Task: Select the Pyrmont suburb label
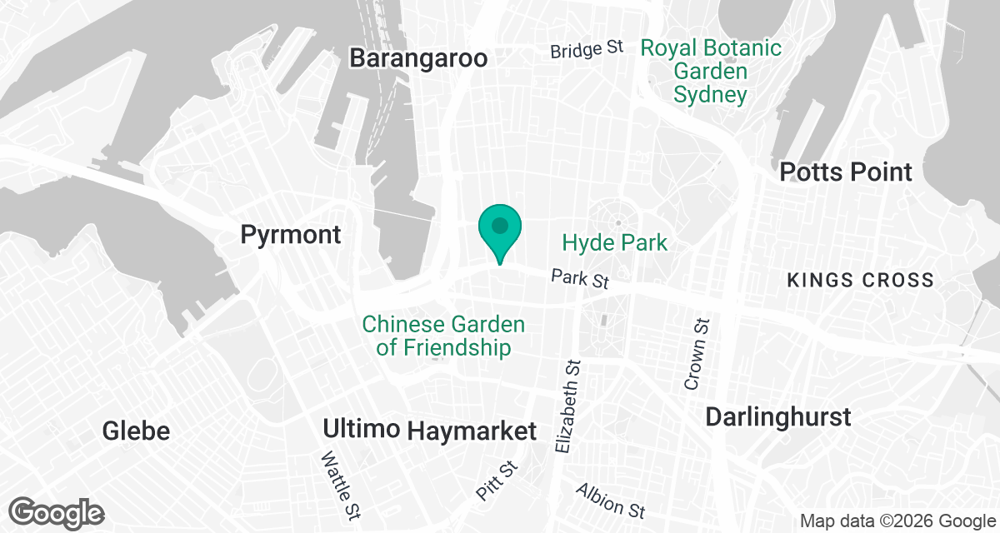291,235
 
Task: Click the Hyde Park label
615,242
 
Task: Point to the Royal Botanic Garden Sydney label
711,71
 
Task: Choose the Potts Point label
846,172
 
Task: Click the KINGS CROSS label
861,281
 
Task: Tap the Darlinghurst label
778,416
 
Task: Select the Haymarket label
472,431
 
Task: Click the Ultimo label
363,431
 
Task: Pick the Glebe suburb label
136,431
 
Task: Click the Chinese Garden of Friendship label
443,336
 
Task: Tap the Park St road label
580,278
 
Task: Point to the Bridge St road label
587,50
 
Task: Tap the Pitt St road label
497,483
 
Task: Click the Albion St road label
610,498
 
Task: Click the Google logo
57,513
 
